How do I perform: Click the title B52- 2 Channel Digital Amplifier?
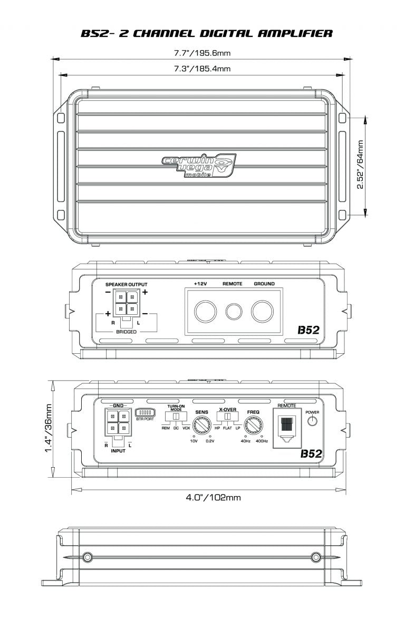click(x=206, y=34)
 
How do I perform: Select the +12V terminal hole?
click(x=203, y=312)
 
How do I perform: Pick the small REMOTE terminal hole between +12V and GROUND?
click(x=233, y=312)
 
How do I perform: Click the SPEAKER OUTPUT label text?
click(x=127, y=284)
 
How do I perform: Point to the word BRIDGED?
click(x=126, y=332)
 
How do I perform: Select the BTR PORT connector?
click(x=144, y=412)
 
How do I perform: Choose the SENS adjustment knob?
click(x=201, y=424)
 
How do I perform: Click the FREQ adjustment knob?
click(x=253, y=424)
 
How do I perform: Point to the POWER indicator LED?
click(x=313, y=420)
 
